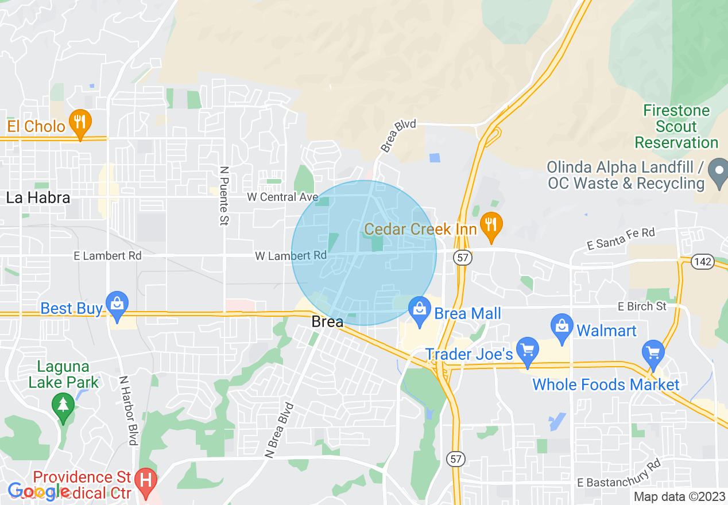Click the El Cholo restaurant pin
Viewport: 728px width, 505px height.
point(80,122)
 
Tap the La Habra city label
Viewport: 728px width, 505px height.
point(38,198)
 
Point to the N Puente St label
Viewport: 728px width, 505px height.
point(224,196)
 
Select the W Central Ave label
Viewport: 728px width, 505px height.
point(282,197)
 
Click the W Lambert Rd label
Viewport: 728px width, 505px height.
point(291,255)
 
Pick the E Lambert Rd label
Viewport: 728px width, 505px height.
point(107,255)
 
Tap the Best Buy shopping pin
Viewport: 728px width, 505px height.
point(118,305)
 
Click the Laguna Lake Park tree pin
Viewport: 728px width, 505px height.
point(63,405)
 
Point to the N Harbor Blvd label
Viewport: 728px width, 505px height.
point(127,410)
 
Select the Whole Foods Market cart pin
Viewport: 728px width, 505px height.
point(653,352)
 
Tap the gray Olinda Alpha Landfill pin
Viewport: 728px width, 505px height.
point(718,171)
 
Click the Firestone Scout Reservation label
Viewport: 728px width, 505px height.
point(676,126)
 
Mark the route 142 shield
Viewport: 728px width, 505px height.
point(703,262)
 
